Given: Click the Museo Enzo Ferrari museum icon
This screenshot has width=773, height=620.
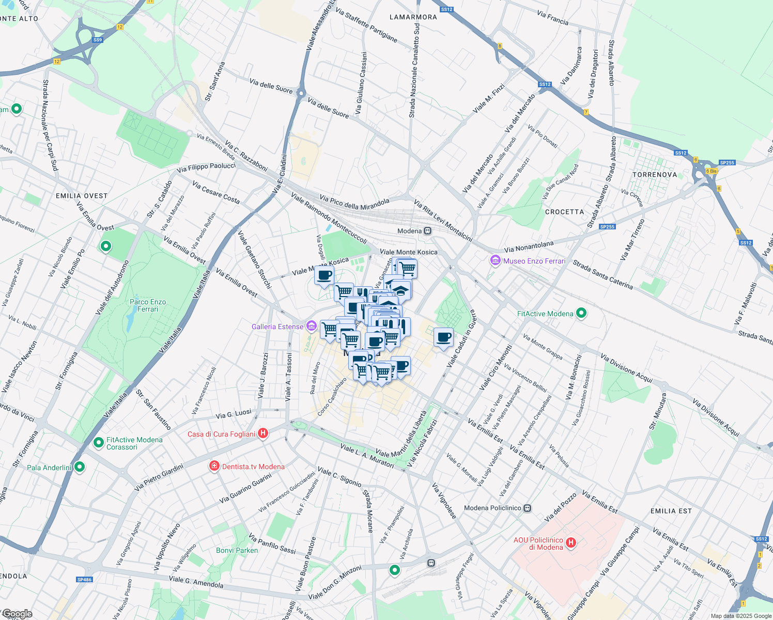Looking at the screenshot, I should click(x=496, y=261).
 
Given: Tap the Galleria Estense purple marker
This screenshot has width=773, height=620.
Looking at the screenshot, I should click(x=311, y=326).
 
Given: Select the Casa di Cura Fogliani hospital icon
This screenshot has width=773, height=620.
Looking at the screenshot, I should click(x=263, y=433).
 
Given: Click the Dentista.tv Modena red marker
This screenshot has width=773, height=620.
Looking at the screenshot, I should click(x=214, y=467).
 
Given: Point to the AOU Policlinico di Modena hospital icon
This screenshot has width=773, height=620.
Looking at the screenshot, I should click(x=571, y=542).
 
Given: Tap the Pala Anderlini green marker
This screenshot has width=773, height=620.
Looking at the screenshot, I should click(x=80, y=467).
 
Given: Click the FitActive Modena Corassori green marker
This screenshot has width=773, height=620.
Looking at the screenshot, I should click(x=98, y=443).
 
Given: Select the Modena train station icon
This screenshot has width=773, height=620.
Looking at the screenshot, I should click(x=427, y=231).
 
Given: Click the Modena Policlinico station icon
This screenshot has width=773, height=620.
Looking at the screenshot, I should click(x=527, y=508).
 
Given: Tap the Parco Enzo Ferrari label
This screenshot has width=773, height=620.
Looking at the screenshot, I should click(x=148, y=305).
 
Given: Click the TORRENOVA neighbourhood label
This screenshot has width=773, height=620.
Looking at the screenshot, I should click(x=655, y=175).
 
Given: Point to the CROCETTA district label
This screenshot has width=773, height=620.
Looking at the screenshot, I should click(x=564, y=212).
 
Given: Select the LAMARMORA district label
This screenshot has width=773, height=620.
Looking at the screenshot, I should click(x=413, y=17).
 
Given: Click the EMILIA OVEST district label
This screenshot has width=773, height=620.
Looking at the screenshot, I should click(x=82, y=196).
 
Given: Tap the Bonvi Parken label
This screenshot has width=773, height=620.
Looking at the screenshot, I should click(x=237, y=550).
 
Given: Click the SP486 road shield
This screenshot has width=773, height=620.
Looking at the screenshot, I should click(x=84, y=580).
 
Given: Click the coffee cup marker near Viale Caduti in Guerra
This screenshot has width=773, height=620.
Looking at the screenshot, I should click(x=443, y=338).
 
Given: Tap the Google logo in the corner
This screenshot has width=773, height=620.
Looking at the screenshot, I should click(x=17, y=614).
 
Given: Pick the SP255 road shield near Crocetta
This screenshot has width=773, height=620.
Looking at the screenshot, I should click(x=607, y=227).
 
